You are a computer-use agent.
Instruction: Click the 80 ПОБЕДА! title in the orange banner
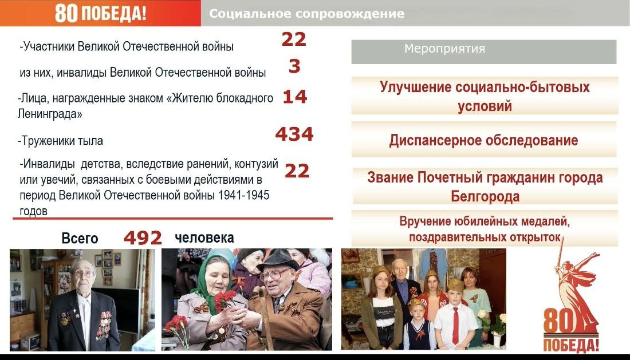tap(100, 13)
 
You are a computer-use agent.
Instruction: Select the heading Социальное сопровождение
tap(306, 14)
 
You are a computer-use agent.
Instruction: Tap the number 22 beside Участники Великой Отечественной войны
tap(294, 39)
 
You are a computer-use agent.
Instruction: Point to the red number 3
tap(294, 66)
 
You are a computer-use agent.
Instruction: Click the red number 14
tap(295, 97)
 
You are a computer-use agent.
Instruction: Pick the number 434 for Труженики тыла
tap(294, 134)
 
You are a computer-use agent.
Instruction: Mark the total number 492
tap(143, 238)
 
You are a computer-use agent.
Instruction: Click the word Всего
tap(80, 239)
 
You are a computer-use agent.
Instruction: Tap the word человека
tap(204, 238)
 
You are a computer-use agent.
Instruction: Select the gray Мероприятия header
tap(484, 52)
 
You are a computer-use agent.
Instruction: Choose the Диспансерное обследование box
tap(484, 140)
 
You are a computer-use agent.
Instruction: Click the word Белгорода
tap(485, 197)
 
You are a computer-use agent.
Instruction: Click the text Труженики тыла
tap(60, 141)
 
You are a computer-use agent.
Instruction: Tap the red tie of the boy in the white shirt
tap(455, 325)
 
